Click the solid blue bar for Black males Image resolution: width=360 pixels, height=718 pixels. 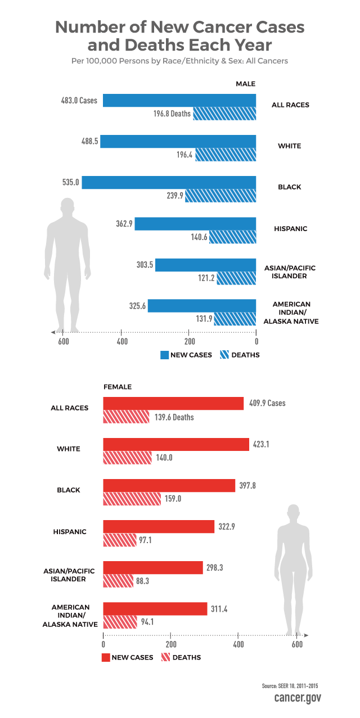[x=169, y=183]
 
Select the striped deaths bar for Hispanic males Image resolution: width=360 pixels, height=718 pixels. [x=232, y=237]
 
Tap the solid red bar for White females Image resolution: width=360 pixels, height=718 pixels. [x=175, y=444]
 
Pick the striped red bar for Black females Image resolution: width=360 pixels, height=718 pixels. [x=132, y=499]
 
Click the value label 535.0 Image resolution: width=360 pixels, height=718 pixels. [x=70, y=183]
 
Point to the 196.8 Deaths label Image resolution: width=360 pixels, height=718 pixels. [x=172, y=114]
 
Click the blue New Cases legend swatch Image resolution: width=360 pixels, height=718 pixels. [x=165, y=355]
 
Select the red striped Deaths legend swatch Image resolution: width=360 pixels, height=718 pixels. [x=165, y=657]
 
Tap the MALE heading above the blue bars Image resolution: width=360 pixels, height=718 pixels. [x=245, y=84]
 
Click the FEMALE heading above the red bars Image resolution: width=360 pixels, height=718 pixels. [x=117, y=387]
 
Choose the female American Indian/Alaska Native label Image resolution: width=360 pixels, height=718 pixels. [x=71, y=616]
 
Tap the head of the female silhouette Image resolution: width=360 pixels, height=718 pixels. [x=293, y=513]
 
